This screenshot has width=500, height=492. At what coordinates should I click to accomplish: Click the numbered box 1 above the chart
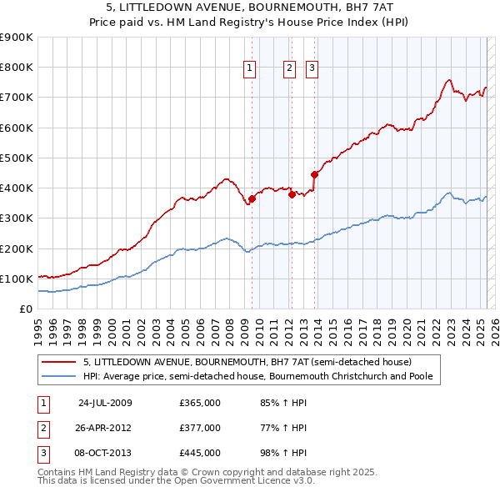250,69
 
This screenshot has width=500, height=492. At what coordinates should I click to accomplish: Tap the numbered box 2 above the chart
289,69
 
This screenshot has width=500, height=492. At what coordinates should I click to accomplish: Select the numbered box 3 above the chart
312,69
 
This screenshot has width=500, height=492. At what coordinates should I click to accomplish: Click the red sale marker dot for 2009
252,198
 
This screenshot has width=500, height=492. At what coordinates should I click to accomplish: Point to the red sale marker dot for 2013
314,174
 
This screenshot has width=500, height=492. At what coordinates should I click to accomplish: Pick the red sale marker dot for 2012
292,194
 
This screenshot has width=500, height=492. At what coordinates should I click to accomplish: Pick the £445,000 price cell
199,454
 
